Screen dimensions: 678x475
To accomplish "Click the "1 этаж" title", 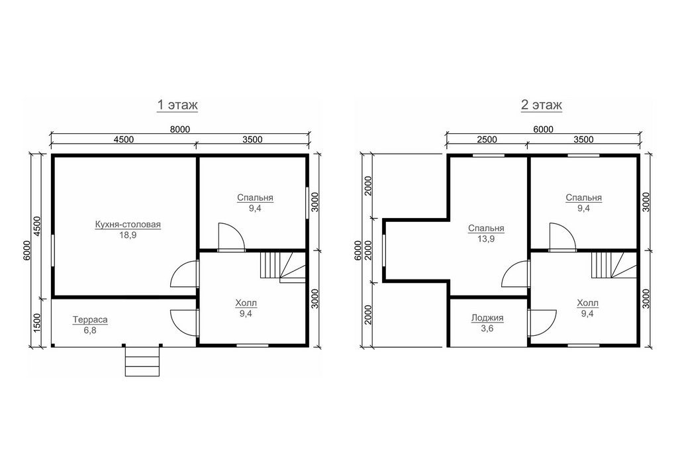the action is [x=177, y=105].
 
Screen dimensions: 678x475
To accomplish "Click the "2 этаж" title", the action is [x=542, y=105].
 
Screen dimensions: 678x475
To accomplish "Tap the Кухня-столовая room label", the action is [x=128, y=225].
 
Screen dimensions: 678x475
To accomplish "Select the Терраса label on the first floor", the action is [x=90, y=320].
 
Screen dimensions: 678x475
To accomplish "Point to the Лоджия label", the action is [x=487, y=318].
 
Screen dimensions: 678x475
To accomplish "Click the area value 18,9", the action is [x=128, y=235].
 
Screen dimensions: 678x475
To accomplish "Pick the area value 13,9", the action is [x=486, y=238].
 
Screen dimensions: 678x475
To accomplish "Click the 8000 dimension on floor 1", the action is [x=179, y=129].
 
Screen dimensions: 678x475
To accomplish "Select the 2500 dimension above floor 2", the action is [x=487, y=139].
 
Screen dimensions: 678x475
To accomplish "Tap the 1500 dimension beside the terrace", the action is [x=37, y=322].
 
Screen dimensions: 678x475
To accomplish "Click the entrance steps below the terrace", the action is [x=143, y=361].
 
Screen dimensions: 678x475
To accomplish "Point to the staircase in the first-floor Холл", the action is [x=283, y=267].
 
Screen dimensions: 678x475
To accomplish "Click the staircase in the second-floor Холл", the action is [x=614, y=266].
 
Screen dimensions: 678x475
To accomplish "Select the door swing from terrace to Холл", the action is [x=185, y=323].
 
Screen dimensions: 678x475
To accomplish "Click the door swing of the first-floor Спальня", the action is [x=231, y=237].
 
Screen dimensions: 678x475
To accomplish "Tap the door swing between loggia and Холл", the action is [x=542, y=322].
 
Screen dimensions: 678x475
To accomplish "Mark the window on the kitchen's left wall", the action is [x=53, y=250].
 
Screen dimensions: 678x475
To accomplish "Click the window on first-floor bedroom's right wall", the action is [x=307, y=203].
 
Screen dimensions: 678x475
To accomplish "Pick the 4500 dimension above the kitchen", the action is [x=124, y=139].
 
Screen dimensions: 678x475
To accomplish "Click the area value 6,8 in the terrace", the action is [x=90, y=331].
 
